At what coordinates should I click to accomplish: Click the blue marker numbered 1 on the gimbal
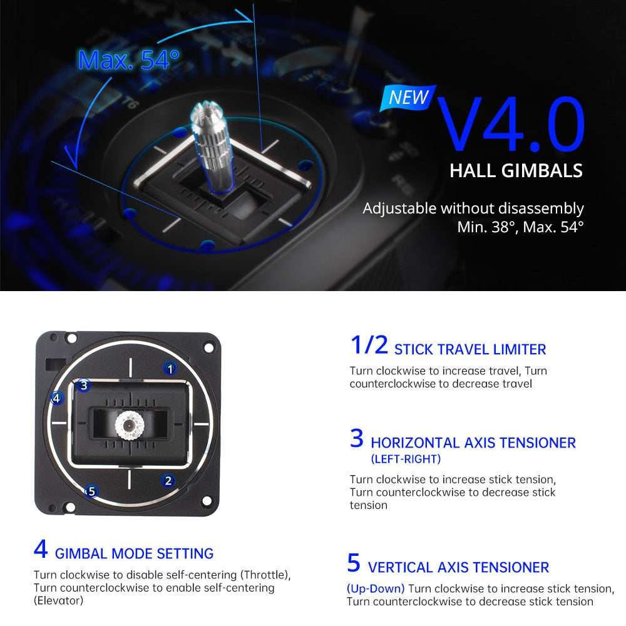170,368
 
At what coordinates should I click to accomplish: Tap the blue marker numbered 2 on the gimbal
167,481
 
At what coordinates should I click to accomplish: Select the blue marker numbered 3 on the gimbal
84,385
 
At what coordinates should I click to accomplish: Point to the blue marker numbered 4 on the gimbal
57,398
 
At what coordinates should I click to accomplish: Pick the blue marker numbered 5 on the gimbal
91,491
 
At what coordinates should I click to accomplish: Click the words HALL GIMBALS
516,170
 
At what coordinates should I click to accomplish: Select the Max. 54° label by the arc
128,59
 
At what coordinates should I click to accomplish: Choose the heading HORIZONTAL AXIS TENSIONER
473,443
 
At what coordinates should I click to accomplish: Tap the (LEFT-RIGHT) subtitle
406,459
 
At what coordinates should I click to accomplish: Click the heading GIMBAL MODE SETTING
134,553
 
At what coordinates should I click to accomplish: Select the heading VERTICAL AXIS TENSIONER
458,568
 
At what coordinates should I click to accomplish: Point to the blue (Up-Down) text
376,588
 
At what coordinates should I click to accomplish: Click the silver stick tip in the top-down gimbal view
129,426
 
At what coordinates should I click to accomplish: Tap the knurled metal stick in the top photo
212,147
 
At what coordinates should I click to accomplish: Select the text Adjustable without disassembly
473,208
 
